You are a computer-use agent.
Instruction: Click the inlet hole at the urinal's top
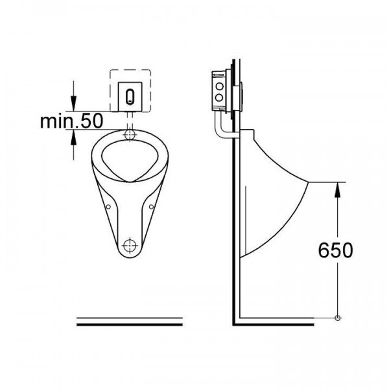[130, 135]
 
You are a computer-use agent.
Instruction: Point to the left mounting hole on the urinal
[109, 207]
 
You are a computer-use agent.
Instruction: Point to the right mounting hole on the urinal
[150, 207]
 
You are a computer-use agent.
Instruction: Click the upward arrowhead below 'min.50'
[74, 135]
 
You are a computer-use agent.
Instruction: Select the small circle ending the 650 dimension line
[338, 318]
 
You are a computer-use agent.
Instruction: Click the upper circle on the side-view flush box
[218, 85]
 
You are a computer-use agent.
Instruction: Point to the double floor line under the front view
[130, 320]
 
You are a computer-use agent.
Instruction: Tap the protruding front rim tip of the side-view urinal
[312, 183]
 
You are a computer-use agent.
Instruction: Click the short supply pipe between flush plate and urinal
[130, 119]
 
